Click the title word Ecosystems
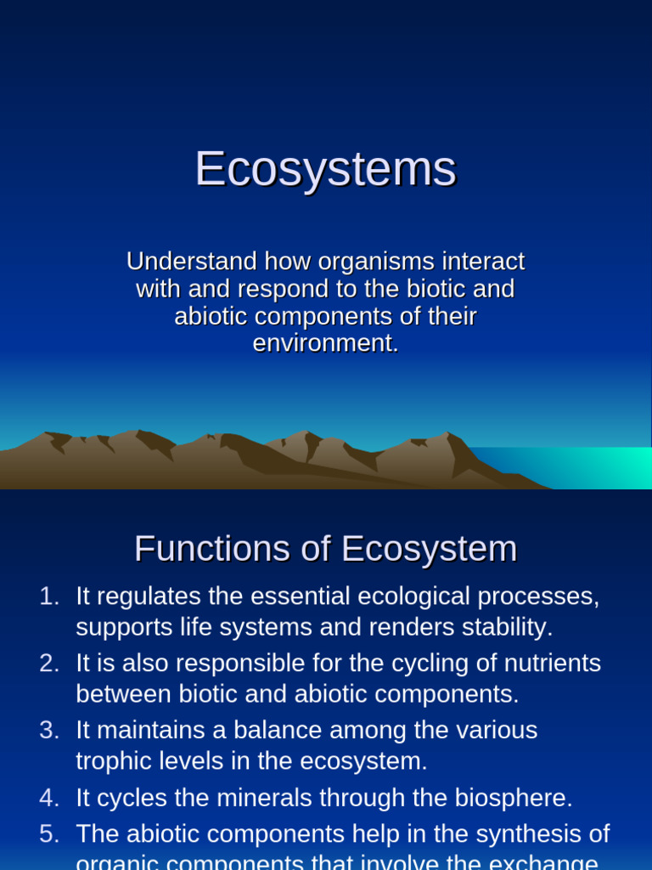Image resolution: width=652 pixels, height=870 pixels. point(326,169)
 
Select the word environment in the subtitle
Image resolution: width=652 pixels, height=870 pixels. point(323,344)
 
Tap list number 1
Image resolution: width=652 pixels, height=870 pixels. point(48,596)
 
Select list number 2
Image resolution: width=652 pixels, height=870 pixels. point(48,664)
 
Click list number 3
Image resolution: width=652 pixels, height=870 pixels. point(48,731)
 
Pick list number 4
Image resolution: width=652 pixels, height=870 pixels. point(48,798)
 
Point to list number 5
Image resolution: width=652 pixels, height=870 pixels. point(48,834)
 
